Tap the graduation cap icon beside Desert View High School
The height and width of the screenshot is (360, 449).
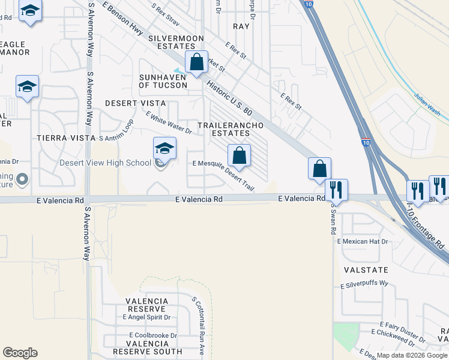pos(165,148)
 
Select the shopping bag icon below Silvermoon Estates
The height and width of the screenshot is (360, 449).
pos(196,62)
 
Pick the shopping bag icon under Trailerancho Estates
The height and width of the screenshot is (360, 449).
pos(239,155)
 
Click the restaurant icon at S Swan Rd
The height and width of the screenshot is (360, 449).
pos(336,190)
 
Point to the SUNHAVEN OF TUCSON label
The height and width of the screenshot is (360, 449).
pos(163,81)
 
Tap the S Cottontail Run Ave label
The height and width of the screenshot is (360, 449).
pos(197,327)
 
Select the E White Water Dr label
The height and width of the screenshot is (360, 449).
pos(168,122)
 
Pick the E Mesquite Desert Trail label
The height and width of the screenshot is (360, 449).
pos(223,175)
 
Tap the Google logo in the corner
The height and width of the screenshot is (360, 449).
pos(20,353)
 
